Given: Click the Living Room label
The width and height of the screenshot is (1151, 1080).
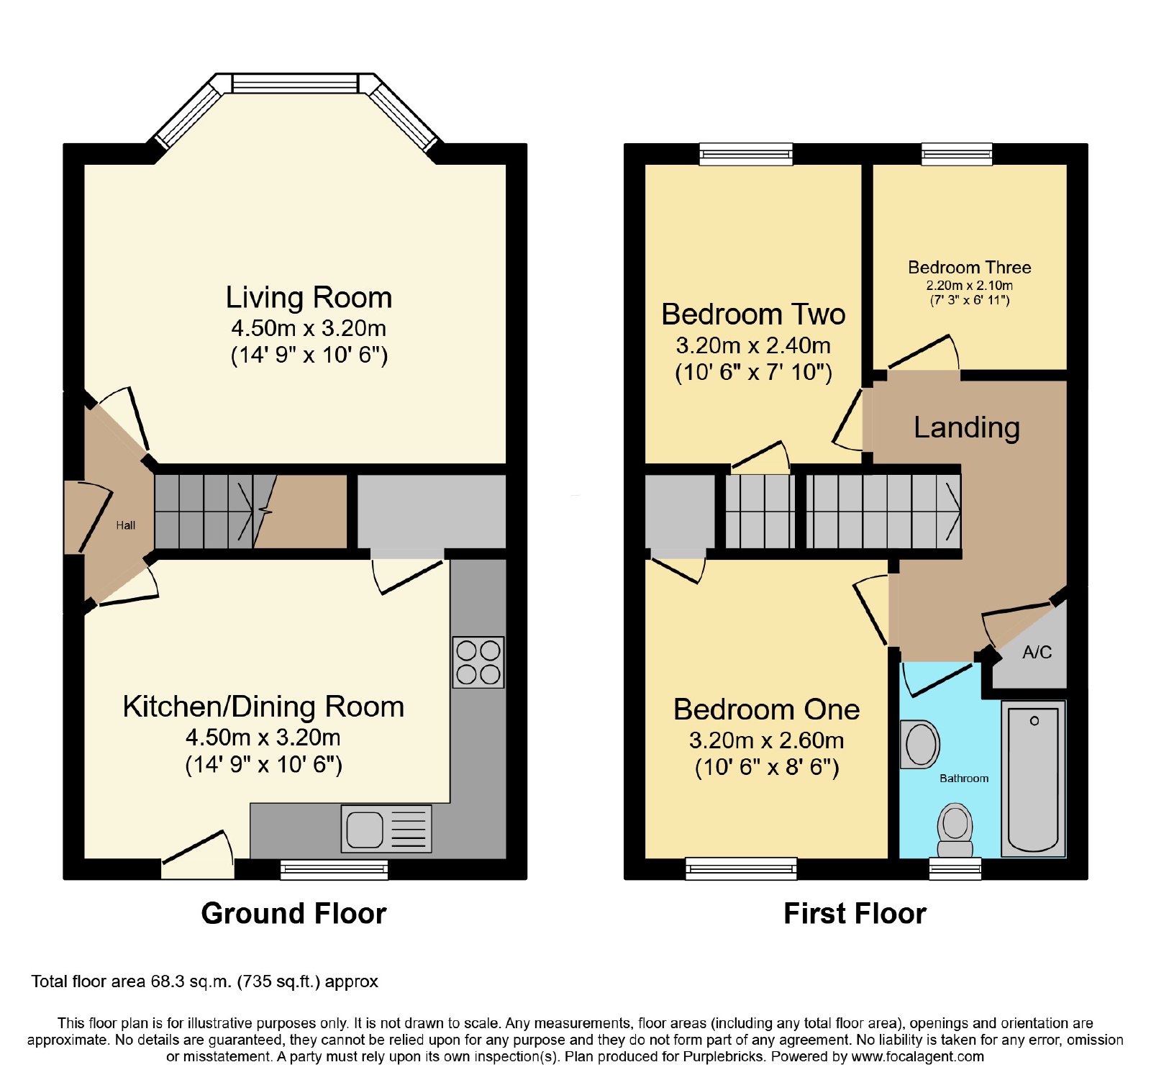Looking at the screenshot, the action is (309, 297).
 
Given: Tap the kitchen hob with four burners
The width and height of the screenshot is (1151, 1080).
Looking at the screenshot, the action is (478, 663).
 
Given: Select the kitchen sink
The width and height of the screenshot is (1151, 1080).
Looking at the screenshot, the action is (386, 829).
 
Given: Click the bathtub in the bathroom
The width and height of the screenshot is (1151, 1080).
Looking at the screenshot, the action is (1034, 779).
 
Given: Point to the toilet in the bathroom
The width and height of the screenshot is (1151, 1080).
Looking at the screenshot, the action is (955, 831).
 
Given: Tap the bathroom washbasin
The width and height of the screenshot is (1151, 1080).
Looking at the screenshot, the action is (920, 744).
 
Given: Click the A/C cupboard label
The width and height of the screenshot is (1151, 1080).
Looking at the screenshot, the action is (1037, 653).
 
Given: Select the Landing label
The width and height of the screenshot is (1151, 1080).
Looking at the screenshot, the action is (967, 427).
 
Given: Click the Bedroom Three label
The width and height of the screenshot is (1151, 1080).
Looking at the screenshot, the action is (970, 268).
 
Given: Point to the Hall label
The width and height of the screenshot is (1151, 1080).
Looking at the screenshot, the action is (126, 525).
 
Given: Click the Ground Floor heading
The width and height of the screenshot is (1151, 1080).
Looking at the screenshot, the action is (294, 913).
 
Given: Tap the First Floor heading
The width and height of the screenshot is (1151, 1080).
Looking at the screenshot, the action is (855, 913).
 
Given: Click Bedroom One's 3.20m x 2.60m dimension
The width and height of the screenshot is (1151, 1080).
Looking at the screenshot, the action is (766, 740).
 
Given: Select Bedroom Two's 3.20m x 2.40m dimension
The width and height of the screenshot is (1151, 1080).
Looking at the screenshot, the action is (753, 346).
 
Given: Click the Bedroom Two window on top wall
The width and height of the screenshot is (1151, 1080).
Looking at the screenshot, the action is (746, 154).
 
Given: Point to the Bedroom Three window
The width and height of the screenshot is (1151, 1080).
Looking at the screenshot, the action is (957, 154).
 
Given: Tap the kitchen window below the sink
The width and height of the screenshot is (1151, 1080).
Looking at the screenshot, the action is (334, 869).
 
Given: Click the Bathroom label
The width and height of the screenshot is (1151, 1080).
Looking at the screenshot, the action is (964, 779).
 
